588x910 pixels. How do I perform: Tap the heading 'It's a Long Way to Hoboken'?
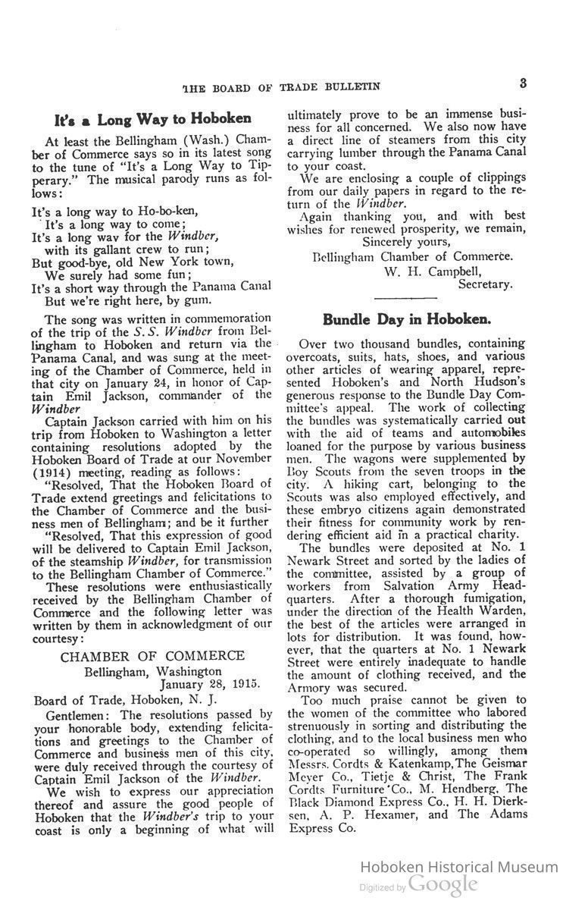[152, 120]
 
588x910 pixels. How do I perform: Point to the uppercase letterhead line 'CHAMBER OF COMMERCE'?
[152, 656]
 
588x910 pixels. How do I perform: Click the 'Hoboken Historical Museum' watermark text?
[458, 867]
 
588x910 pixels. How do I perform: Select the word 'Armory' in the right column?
[311, 687]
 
